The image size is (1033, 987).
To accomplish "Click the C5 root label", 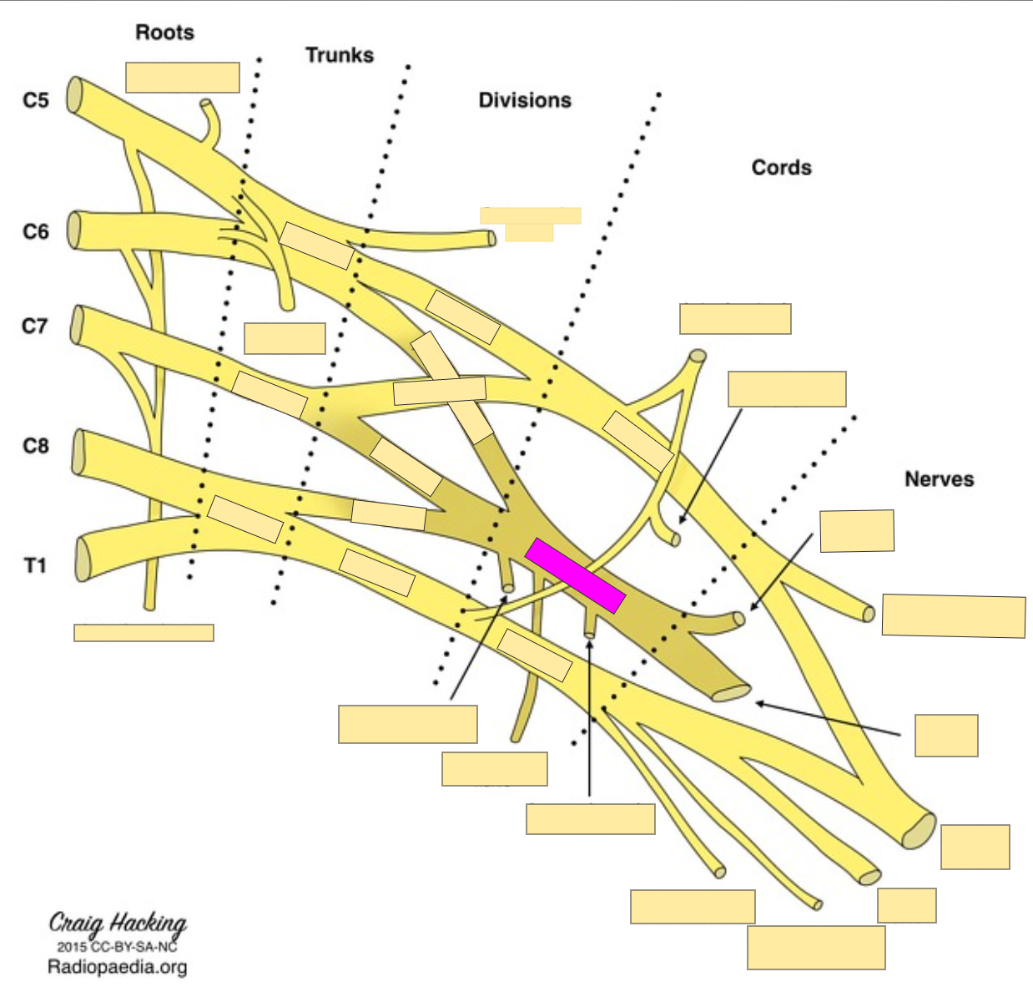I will (x=36, y=100).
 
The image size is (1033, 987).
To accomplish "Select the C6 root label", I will (x=36, y=231).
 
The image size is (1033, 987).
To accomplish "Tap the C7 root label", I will (x=35, y=326).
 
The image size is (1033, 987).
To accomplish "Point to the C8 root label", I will (x=36, y=446).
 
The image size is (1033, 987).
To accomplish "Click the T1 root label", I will (x=35, y=566).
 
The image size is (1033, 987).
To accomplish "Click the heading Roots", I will (x=164, y=33).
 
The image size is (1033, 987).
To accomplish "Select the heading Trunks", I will (x=339, y=55).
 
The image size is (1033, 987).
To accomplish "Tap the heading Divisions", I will (x=525, y=100).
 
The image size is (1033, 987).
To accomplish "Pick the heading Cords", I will (x=781, y=168).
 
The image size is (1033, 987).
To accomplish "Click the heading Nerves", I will (x=939, y=479).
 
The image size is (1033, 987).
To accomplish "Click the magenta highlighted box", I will (x=575, y=575).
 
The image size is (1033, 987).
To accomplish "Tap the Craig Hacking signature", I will (x=118, y=924).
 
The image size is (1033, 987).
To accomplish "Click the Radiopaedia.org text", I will (x=117, y=967).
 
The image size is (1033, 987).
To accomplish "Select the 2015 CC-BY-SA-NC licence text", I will (x=117, y=947).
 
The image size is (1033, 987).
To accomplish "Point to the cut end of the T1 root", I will (x=83, y=559).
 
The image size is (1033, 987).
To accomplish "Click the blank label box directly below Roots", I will (x=183, y=78).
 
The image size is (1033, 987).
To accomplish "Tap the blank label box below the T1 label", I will (x=144, y=632).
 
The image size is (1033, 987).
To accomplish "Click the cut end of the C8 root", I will (x=79, y=452).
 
